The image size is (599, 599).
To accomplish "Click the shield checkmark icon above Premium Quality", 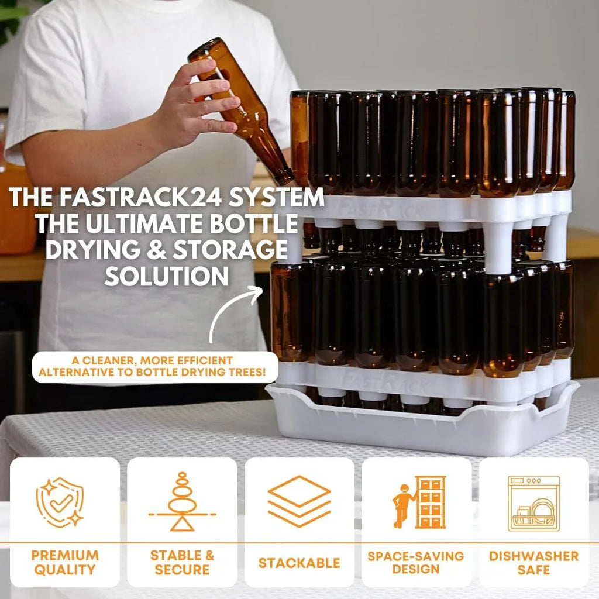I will click(x=60, y=502).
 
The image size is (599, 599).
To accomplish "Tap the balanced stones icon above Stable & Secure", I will click(x=182, y=502).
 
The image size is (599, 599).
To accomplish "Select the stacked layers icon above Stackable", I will click(x=299, y=501).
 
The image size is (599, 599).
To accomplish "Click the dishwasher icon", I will click(x=533, y=503).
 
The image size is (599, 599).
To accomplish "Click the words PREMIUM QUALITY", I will click(x=65, y=562).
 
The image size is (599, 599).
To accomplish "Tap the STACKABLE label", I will click(x=299, y=563).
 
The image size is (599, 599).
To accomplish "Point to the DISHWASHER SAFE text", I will click(x=533, y=562).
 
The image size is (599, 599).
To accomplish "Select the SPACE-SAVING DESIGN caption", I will click(x=416, y=562).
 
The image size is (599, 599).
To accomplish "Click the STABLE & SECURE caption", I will click(x=182, y=562).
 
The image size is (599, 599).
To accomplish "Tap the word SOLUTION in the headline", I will click(x=166, y=276).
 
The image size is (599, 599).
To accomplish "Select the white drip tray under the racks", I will click(x=421, y=430).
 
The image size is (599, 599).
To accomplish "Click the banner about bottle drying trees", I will click(x=155, y=367).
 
